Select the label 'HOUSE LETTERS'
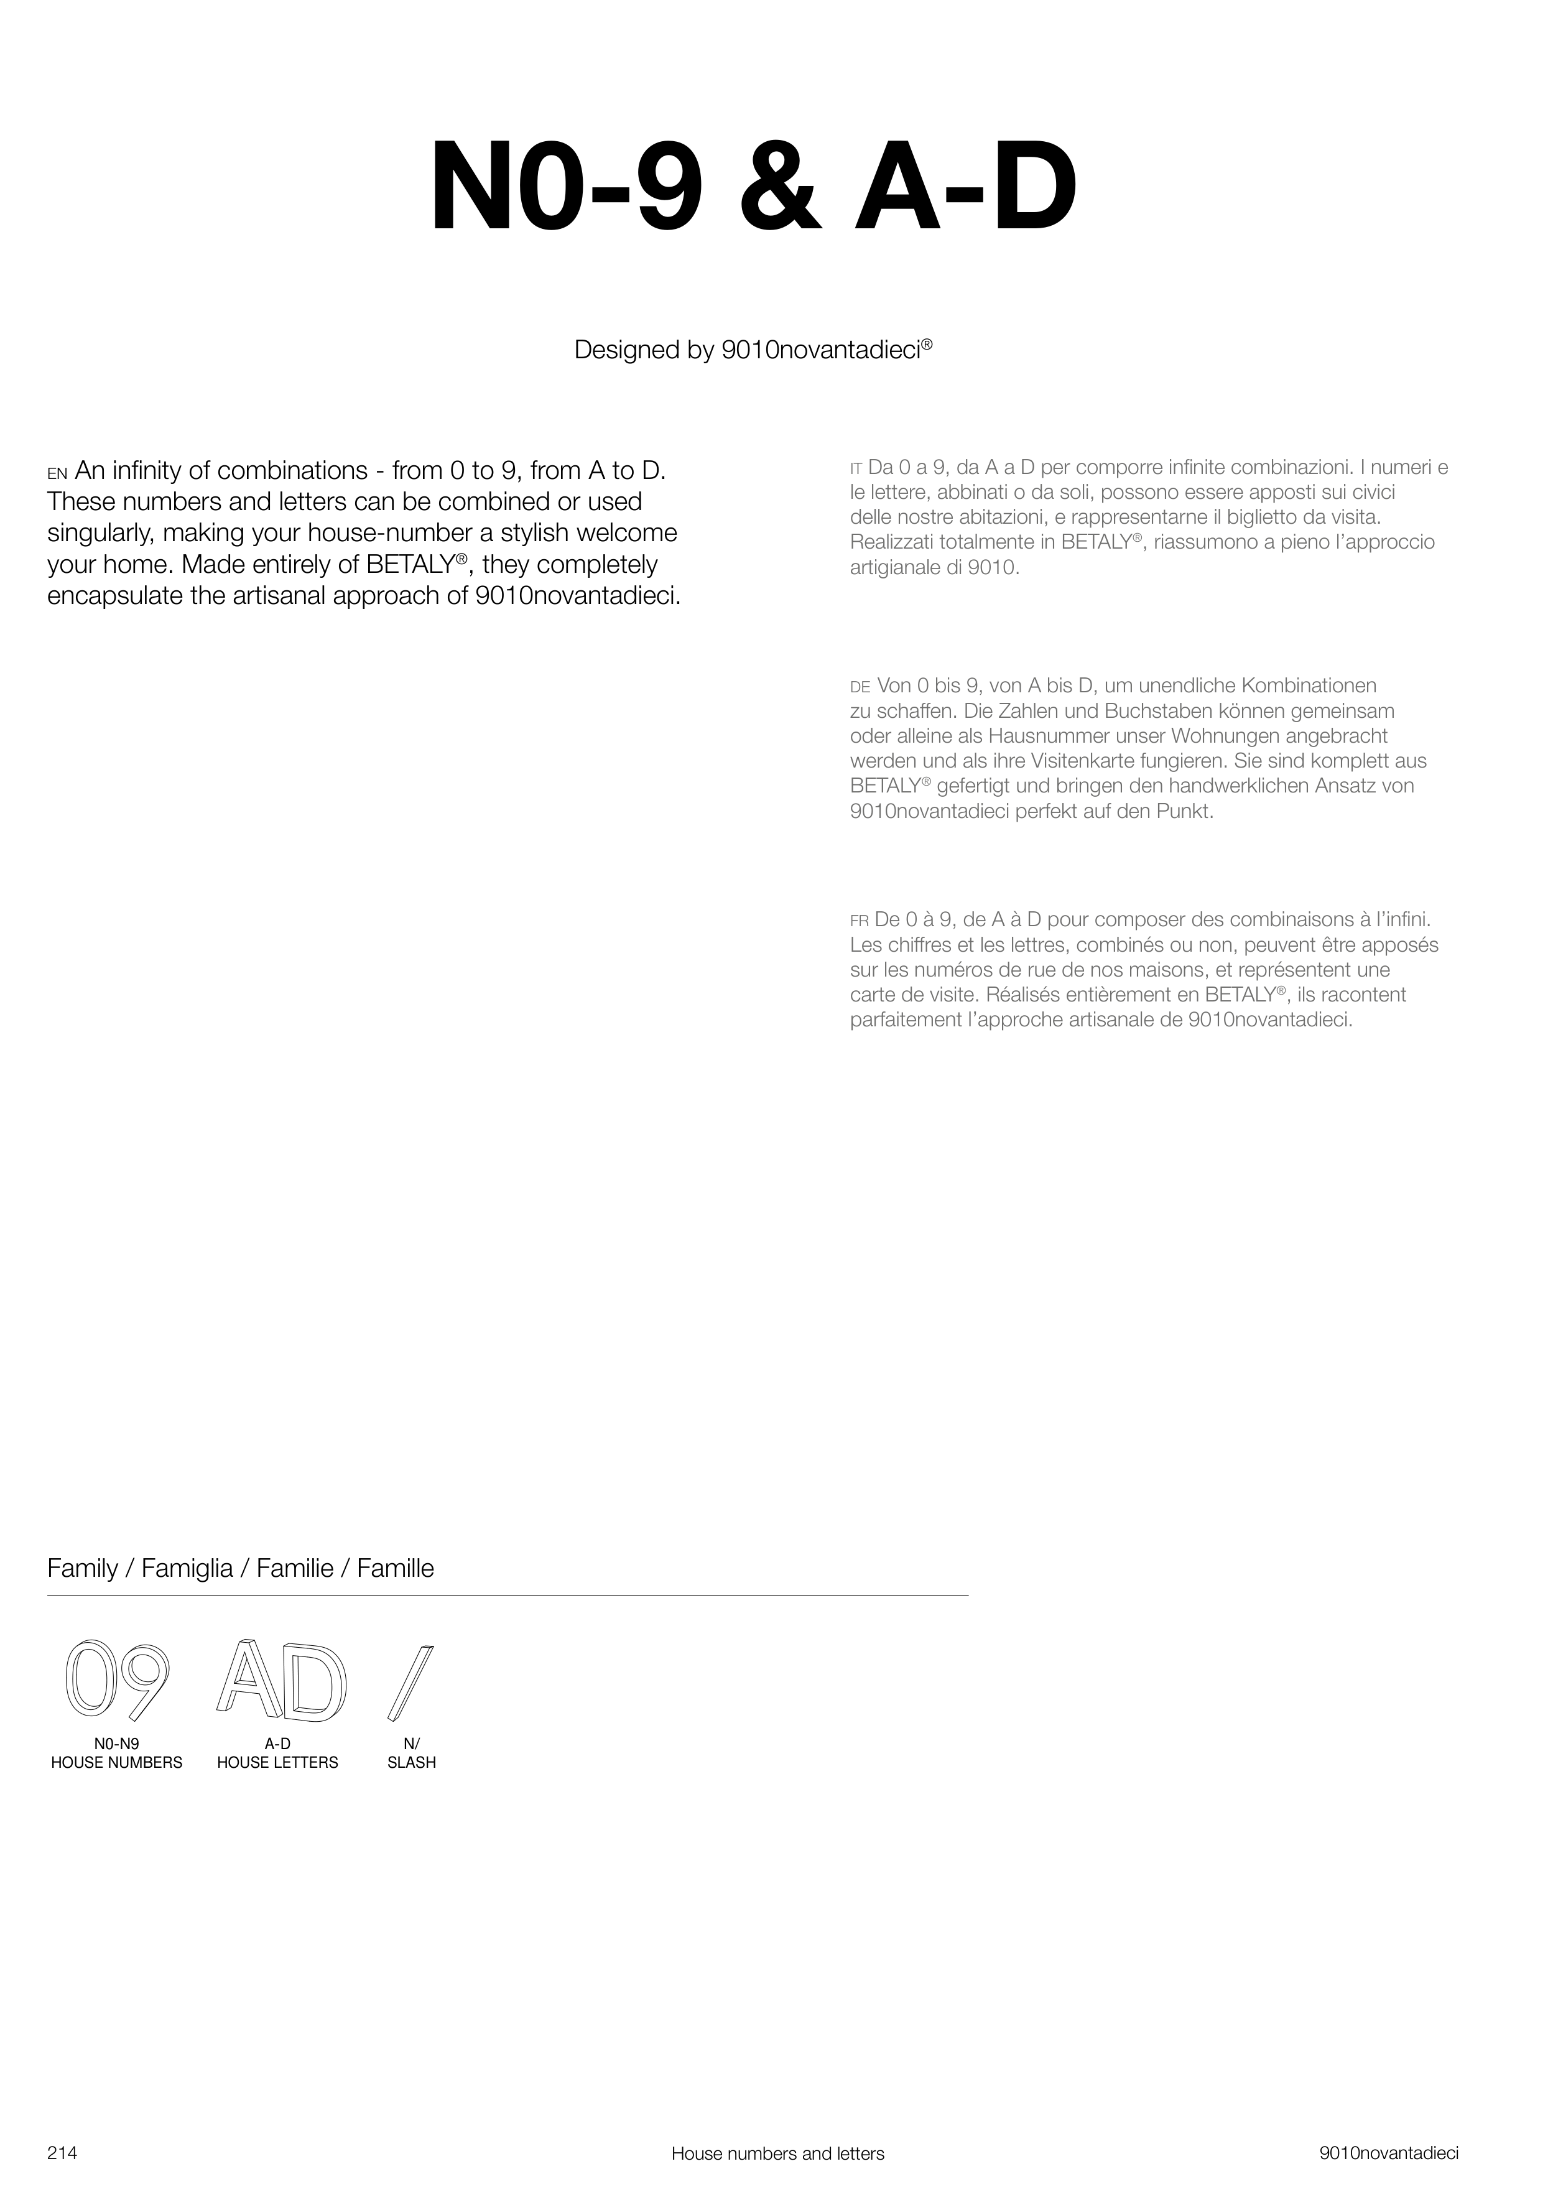277,1763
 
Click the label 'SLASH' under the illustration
412,1763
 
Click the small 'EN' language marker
57,473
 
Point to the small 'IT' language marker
856,469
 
